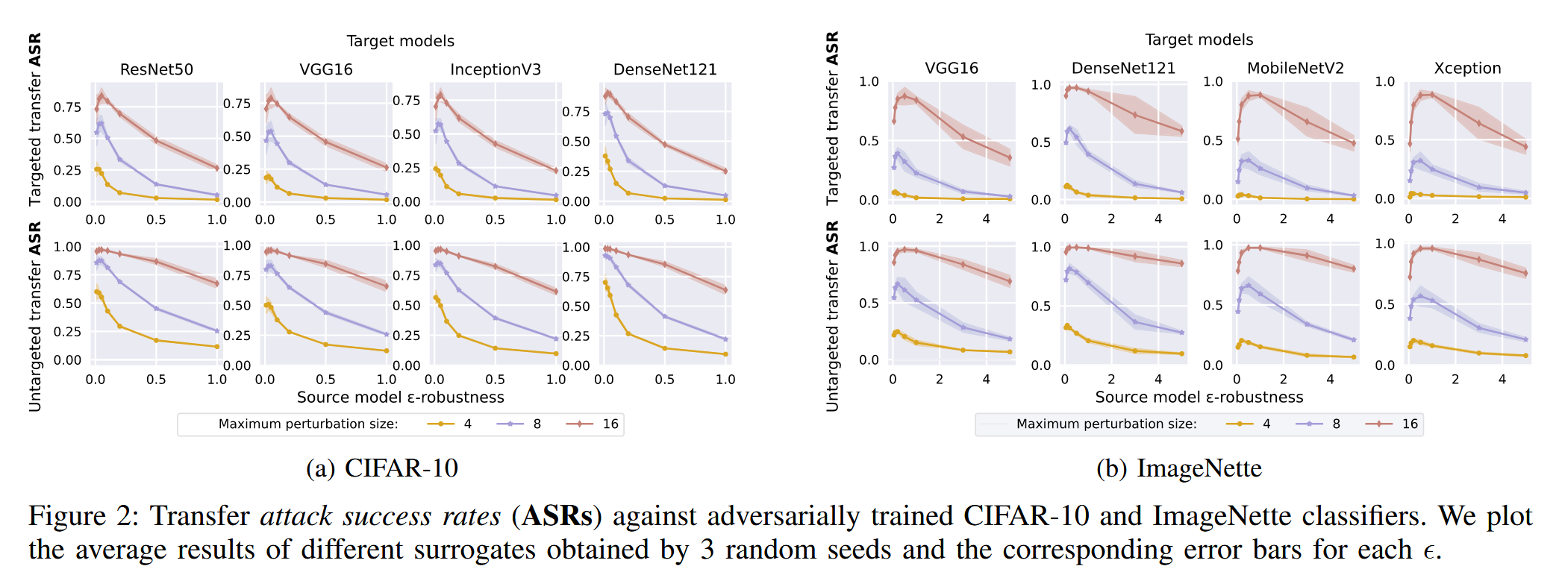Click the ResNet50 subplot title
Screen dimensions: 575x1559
pyautogui.click(x=157, y=69)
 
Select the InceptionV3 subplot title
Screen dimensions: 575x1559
pyautogui.click(x=496, y=69)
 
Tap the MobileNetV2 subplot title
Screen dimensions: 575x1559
pyautogui.click(x=1296, y=68)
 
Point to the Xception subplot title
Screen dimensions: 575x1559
pyautogui.click(x=1467, y=68)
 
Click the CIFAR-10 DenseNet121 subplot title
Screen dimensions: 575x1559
pyautogui.click(x=665, y=69)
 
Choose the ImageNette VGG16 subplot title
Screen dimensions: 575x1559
pyautogui.click(x=952, y=68)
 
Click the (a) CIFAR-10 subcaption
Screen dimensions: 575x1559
pyautogui.click(x=382, y=468)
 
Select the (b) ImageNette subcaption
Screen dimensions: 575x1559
pyautogui.click(x=1179, y=468)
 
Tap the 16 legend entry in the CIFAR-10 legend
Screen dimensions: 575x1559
pyautogui.click(x=593, y=424)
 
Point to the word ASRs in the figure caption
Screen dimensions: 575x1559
pyautogui.click(x=557, y=515)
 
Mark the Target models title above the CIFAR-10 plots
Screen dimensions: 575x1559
pyautogui.click(x=400, y=41)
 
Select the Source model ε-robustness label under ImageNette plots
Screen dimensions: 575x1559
pyautogui.click(x=1199, y=397)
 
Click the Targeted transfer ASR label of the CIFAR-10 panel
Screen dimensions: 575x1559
pyautogui.click(x=35, y=119)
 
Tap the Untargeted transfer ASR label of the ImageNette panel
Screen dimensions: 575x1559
pyautogui.click(x=832, y=316)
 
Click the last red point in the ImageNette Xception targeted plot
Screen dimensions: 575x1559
pyautogui.click(x=1525, y=147)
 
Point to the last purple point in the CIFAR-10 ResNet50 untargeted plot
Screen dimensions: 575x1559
pyautogui.click(x=217, y=331)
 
